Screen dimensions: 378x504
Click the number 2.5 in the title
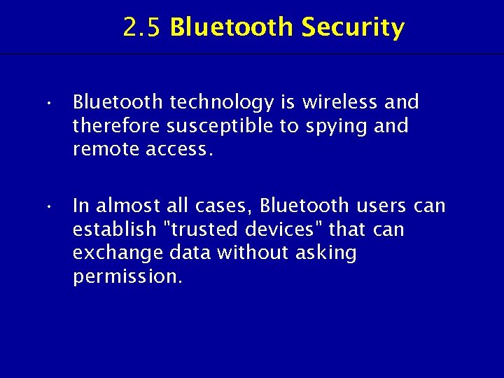coord(143,28)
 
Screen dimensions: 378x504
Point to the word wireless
coord(341,102)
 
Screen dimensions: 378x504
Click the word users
coord(381,206)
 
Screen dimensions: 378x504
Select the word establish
coord(104,230)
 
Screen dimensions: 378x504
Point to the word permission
coord(127,277)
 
